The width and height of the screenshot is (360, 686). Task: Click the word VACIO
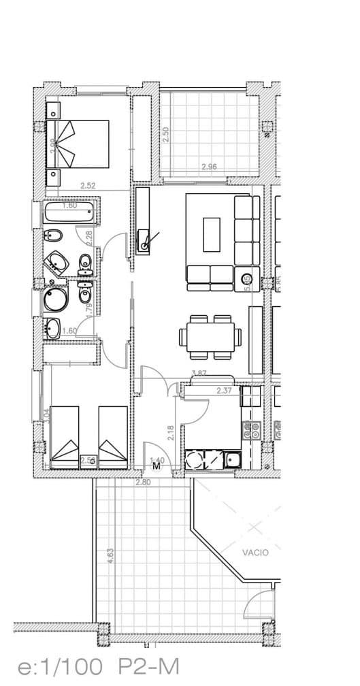pos(255,553)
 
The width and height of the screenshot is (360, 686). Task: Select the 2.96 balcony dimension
pos(209,167)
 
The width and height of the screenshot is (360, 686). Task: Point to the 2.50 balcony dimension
pos(165,133)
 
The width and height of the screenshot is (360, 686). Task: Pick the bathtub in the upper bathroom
pos(71,213)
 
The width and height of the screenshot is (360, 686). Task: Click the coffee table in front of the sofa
pos(212,234)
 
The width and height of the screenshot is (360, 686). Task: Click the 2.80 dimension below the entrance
pos(142,483)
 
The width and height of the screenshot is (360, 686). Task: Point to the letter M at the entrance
pos(157,467)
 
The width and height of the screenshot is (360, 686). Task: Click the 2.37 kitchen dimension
pos(224,391)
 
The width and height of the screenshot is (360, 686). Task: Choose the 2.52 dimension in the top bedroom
pos(87,185)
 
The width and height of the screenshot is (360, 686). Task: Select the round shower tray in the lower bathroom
pos(55,298)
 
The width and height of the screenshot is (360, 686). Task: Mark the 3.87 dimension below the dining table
pos(199,373)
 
